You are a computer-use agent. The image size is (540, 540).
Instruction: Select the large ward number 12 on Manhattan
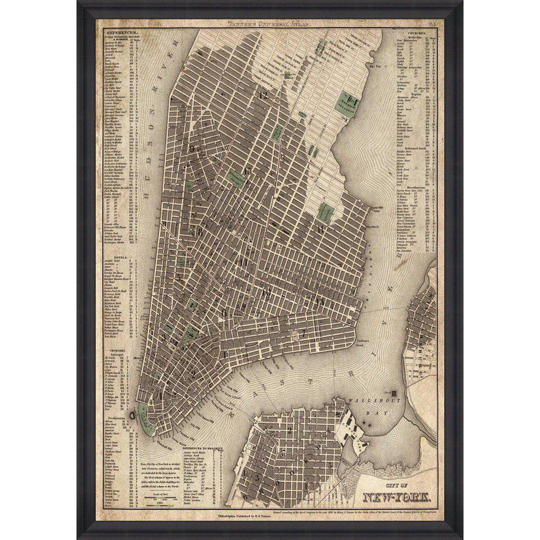pyautogui.click(x=263, y=94)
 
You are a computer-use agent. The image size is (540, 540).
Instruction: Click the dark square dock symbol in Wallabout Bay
pyautogui.click(x=395, y=391)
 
